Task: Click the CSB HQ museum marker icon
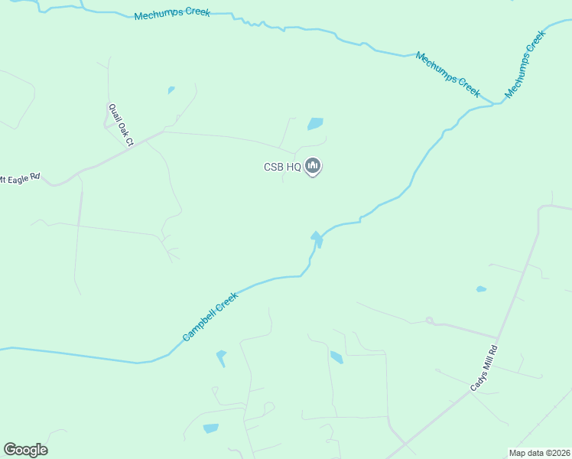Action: tap(312, 165)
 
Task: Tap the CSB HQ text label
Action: tap(282, 168)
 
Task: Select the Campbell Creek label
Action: tap(210, 317)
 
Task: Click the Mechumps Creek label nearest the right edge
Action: tap(525, 64)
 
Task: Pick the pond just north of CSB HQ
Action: tap(315, 123)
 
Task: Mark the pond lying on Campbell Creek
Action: tap(317, 239)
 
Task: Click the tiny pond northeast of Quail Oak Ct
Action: tap(171, 90)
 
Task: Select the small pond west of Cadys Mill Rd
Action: tap(481, 289)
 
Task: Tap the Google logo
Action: tap(25, 450)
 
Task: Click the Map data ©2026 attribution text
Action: tap(539, 453)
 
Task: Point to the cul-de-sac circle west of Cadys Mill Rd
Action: tap(429, 321)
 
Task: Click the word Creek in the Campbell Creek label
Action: tap(226, 302)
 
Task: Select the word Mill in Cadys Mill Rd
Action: tap(486, 368)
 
